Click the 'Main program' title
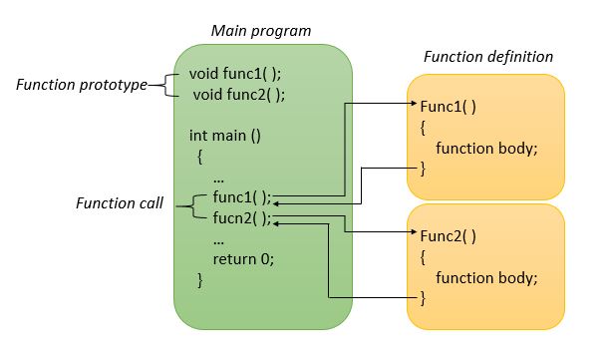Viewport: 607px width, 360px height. point(260,30)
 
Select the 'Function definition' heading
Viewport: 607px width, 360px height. point(488,56)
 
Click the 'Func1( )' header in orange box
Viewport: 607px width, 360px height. point(448,104)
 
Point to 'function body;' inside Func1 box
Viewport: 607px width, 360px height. point(486,148)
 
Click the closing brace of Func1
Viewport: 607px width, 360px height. point(423,169)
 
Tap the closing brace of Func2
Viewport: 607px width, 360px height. point(423,297)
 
